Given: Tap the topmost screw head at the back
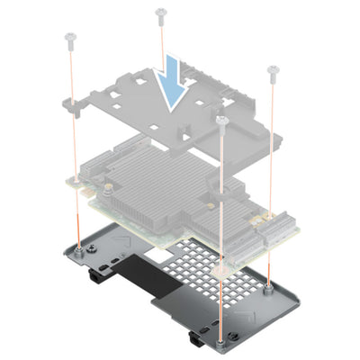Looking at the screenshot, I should [161, 13].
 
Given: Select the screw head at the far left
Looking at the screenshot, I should [68, 38].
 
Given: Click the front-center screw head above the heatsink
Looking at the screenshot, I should [220, 118].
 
